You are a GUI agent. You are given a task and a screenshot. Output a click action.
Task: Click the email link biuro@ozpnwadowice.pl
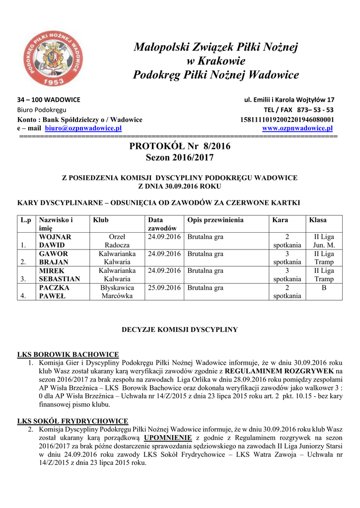coord(83,128)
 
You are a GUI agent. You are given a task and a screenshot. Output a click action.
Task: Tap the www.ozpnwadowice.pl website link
coord(298,128)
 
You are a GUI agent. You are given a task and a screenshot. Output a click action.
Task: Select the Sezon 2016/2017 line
coord(179,158)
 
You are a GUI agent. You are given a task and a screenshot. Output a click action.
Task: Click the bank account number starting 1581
coord(287,120)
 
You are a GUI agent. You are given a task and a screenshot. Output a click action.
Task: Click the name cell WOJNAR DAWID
coord(55,241)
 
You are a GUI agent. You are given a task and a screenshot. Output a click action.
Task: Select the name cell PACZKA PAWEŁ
coord(55,292)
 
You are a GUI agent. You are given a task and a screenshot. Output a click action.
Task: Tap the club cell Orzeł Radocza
coord(117,241)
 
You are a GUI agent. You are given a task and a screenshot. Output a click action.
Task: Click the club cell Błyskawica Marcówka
coord(117,292)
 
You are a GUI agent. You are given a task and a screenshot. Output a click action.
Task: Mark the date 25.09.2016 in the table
coord(164,288)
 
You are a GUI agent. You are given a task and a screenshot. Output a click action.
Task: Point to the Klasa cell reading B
coord(324,288)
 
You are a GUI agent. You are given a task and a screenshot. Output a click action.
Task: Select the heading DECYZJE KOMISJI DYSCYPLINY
coord(180,329)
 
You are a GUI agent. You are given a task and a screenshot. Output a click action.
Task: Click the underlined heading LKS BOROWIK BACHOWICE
coord(68,354)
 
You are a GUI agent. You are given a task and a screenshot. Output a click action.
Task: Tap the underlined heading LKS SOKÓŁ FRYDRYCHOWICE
coord(72,421)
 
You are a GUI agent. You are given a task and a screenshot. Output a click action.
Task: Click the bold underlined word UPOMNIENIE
coord(168,438)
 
